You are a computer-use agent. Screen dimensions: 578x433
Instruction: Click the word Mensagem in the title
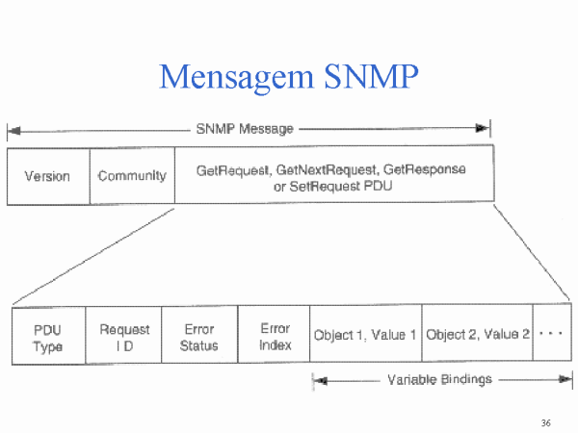click(236, 78)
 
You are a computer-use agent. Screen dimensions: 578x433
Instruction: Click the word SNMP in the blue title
click(371, 76)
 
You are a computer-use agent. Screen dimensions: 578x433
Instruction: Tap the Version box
click(48, 176)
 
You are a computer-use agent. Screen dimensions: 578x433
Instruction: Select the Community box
click(132, 176)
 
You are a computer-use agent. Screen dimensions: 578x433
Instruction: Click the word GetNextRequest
click(328, 169)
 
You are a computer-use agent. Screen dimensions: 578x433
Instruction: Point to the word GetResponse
click(425, 169)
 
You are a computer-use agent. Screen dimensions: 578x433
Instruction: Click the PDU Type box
click(49, 336)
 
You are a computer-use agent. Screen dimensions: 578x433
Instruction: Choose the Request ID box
click(123, 335)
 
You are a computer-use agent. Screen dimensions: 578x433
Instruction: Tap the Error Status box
click(199, 334)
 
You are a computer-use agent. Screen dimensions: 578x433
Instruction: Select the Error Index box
click(274, 334)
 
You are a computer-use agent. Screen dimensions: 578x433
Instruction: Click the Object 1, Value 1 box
click(366, 333)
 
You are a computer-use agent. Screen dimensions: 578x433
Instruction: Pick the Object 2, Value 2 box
click(478, 333)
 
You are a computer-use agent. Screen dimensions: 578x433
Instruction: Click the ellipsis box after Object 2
click(552, 332)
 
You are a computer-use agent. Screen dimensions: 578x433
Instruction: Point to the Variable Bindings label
click(440, 379)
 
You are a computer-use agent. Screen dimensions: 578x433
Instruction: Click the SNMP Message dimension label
click(245, 129)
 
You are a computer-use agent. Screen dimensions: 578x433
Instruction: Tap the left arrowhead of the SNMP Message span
click(14, 131)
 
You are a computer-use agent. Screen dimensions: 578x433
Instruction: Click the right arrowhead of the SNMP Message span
click(483, 128)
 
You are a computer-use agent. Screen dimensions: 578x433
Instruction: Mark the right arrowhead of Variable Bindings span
click(565, 379)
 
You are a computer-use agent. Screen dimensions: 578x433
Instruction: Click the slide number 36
click(546, 423)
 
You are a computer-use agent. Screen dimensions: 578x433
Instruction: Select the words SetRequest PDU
click(341, 187)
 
